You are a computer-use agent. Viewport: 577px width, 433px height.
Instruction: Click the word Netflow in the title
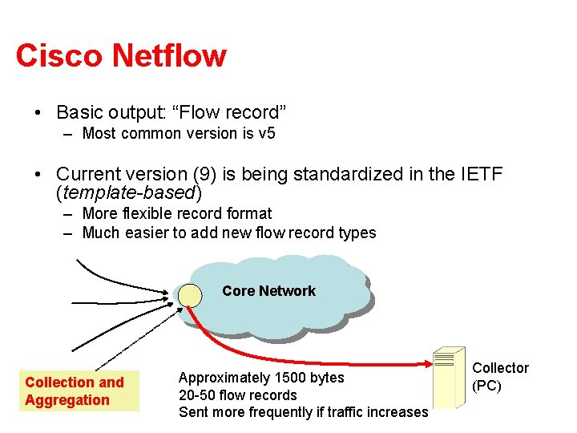169,56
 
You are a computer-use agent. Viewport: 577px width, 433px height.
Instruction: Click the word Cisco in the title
59,56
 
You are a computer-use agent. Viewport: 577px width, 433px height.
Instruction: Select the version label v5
266,133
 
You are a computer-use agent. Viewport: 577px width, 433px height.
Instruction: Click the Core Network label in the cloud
268,291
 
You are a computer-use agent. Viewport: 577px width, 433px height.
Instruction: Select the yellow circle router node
190,295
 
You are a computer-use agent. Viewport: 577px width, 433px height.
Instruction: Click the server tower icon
448,377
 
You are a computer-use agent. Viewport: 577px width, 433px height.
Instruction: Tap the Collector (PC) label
500,376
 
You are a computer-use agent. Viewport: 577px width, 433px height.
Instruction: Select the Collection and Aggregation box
79,391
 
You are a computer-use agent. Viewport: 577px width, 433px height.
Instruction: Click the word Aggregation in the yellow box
67,400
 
